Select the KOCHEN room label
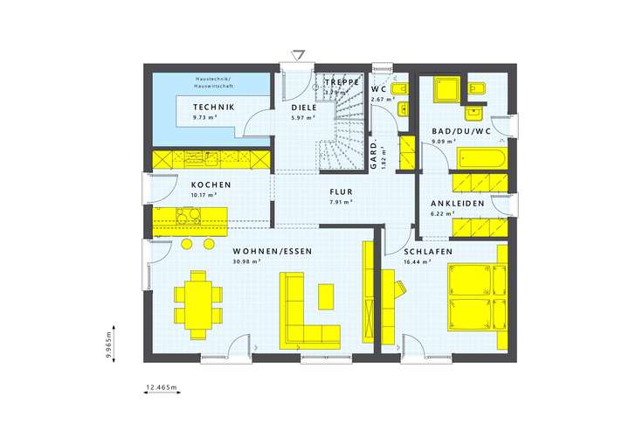point(211,184)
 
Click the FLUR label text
point(341,192)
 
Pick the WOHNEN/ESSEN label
point(272,251)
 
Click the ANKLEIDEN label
point(457,203)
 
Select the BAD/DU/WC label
point(461,131)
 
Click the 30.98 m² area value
point(248,261)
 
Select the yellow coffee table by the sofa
point(325,296)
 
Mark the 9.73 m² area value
point(204,117)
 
